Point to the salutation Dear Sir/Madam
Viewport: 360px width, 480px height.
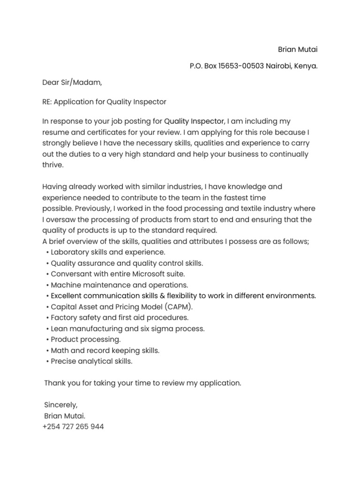coord(72,83)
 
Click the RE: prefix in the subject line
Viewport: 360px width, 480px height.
coord(48,102)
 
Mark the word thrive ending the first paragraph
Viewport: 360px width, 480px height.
coord(52,165)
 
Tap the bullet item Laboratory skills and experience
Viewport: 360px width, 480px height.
coord(108,252)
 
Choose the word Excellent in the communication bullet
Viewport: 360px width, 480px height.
coord(68,296)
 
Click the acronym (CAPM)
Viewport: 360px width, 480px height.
coord(177,307)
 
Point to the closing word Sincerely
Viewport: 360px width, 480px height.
coord(61,405)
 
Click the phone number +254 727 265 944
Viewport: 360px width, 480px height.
coord(73,427)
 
